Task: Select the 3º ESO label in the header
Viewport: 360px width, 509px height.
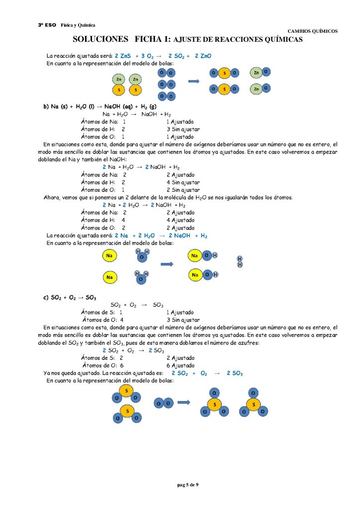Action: (47, 25)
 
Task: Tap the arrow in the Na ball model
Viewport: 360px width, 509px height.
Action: (167, 264)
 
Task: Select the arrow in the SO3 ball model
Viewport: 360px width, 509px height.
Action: (184, 403)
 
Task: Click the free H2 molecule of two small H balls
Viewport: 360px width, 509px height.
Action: (240, 261)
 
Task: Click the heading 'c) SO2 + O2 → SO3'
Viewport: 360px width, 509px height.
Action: (70, 297)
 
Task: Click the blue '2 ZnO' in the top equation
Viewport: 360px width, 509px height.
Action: (203, 56)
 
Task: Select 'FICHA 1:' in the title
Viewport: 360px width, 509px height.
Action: (152, 39)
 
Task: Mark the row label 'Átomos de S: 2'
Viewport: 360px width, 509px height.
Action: (102, 357)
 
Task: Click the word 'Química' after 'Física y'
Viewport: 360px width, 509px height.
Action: (87, 25)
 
